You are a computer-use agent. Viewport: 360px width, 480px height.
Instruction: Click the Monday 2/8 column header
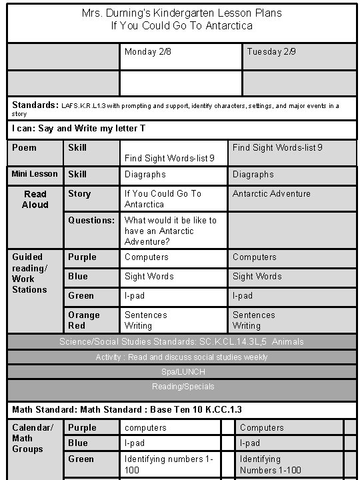148,51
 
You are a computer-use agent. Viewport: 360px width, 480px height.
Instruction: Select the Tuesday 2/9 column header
271,51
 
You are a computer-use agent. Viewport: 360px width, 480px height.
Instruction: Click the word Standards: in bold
35,105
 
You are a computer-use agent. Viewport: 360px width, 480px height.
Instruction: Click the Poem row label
25,147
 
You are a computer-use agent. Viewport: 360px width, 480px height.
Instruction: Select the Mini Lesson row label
35,174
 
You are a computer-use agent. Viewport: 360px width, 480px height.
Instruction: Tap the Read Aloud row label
35,199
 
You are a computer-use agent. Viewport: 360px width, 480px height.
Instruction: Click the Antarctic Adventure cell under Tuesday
271,194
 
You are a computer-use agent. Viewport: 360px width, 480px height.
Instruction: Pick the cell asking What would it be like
170,231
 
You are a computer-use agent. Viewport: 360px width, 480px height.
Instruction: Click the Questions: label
91,220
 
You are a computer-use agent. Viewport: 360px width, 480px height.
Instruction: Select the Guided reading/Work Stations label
30,273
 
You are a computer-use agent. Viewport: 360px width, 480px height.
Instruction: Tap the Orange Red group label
84,320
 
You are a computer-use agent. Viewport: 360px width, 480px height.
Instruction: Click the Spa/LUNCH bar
183,371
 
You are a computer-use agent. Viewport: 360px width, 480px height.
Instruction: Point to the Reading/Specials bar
183,387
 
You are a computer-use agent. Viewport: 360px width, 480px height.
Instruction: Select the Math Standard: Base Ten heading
127,409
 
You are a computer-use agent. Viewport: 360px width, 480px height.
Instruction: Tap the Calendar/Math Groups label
27,438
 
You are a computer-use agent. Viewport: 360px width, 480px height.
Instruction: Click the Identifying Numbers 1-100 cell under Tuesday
270,465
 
